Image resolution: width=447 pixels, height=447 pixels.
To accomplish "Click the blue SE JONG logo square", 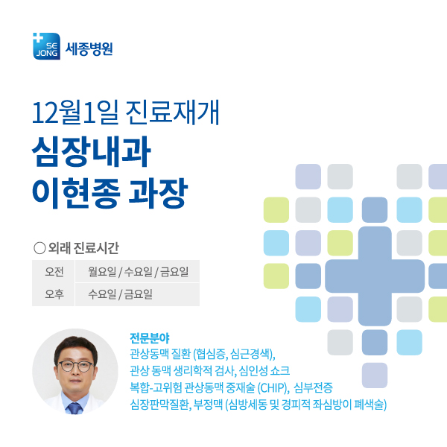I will click(x=46, y=46).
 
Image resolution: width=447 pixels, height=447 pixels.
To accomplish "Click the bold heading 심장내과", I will click(x=91, y=151).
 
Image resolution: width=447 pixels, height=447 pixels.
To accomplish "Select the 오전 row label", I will click(x=54, y=271).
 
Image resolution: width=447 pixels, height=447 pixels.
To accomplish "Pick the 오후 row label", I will click(x=54, y=294).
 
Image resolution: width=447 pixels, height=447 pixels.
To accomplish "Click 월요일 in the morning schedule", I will click(x=101, y=271).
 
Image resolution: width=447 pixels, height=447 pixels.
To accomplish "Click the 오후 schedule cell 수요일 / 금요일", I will click(x=120, y=294).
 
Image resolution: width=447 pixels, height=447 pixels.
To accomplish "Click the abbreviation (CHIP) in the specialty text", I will click(x=272, y=387).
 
